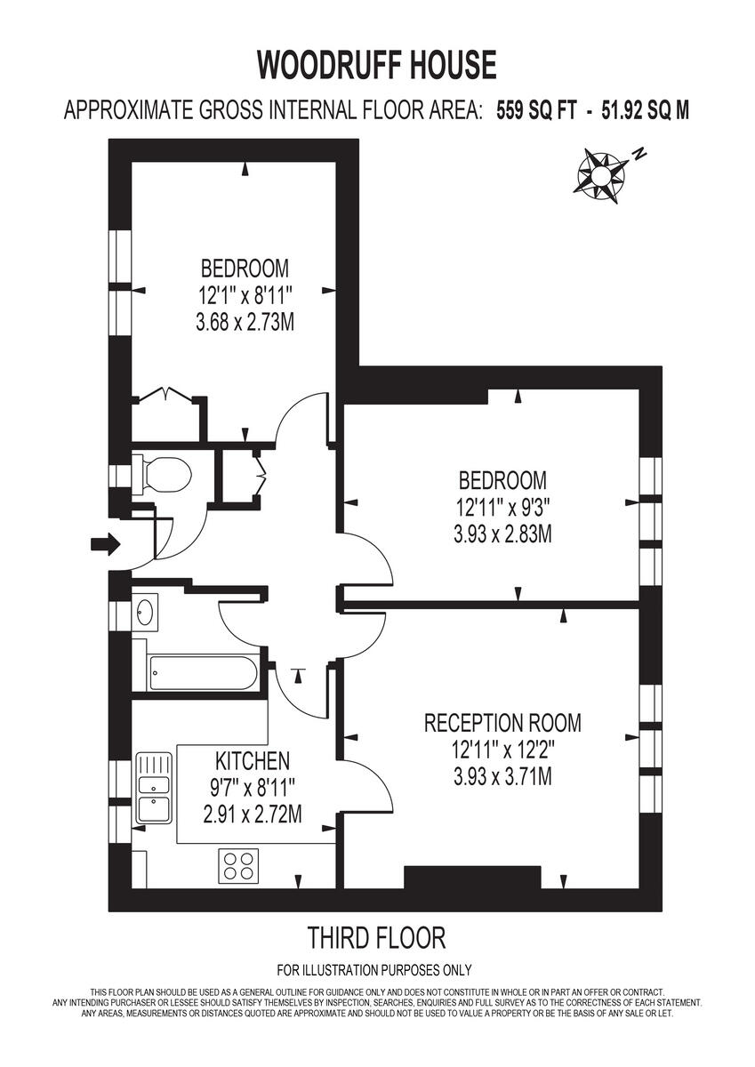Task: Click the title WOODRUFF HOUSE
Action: click(x=377, y=66)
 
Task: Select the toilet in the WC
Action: click(x=165, y=474)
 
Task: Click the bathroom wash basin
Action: click(x=145, y=612)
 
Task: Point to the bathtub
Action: click(x=203, y=673)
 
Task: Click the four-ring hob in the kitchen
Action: click(x=237, y=865)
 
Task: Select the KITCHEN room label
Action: click(x=253, y=761)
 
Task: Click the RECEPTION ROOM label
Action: click(x=502, y=723)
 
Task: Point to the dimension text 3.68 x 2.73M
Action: click(x=245, y=321)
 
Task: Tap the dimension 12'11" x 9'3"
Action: click(x=502, y=509)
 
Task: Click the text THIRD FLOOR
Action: click(x=376, y=937)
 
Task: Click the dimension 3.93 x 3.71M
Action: click(x=502, y=776)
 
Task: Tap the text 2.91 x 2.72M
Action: click(x=252, y=813)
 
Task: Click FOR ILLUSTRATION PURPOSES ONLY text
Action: click(x=374, y=970)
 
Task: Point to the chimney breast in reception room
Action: click(x=472, y=877)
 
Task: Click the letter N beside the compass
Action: click(x=639, y=153)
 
